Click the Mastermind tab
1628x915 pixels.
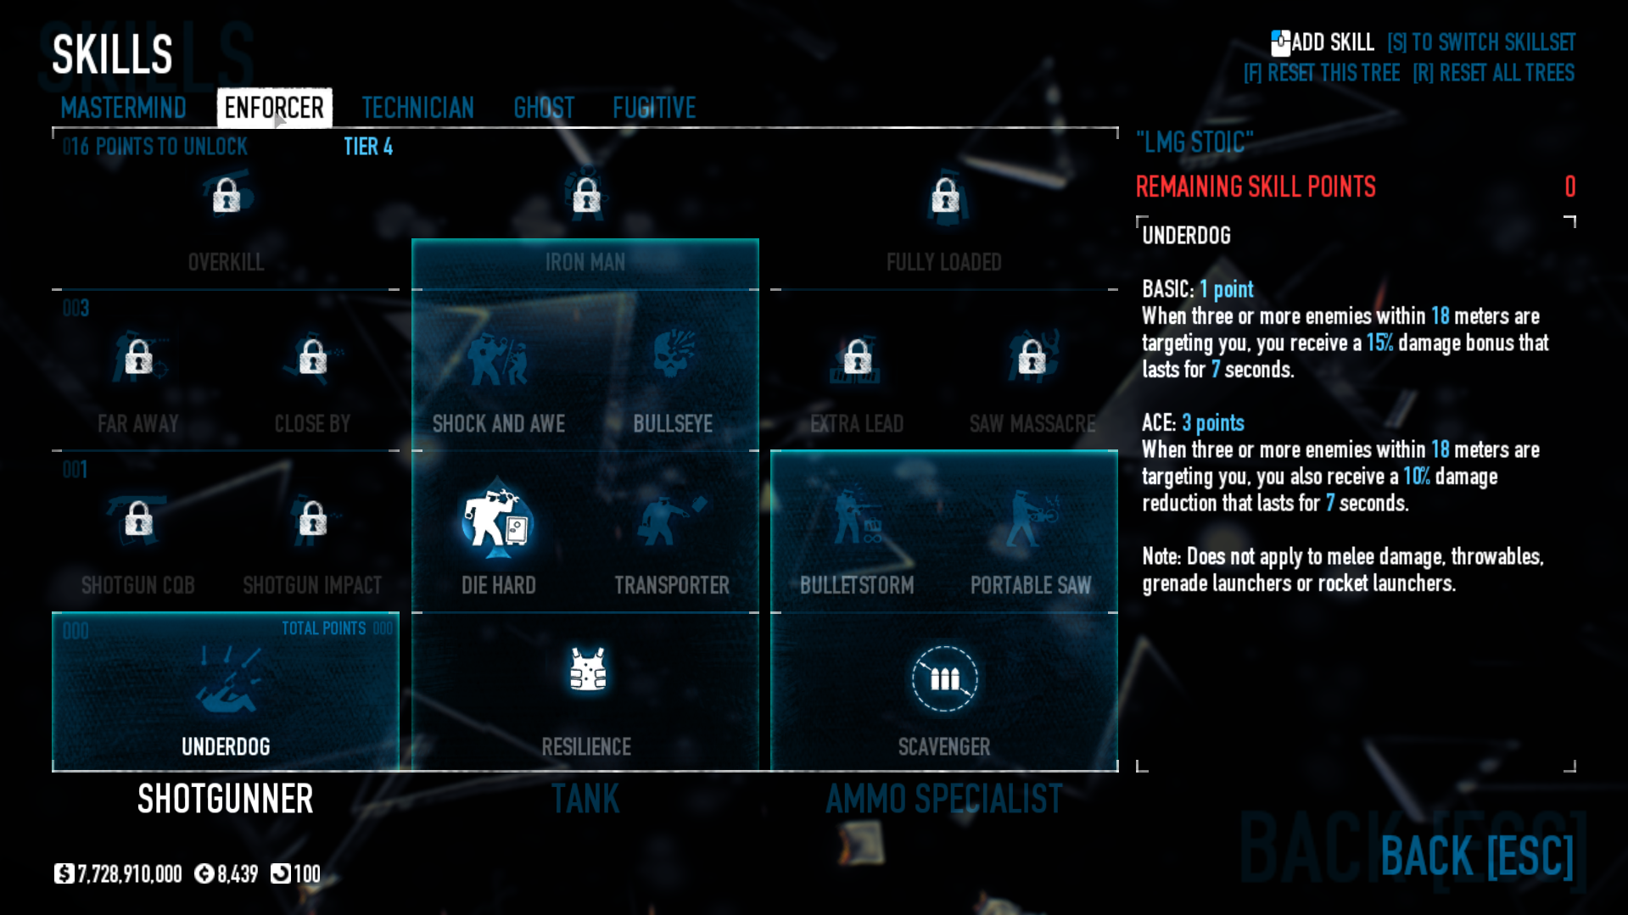coord(123,108)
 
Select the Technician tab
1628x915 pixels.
coord(417,108)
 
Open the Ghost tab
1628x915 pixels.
coord(544,108)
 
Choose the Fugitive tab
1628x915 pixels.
coord(654,108)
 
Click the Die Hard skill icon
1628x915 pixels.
coord(497,522)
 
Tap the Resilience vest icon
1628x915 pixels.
coord(586,671)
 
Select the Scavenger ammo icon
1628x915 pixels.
coord(944,678)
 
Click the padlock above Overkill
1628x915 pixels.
coord(226,196)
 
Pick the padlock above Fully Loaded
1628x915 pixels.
coord(945,196)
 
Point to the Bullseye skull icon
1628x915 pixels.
coord(673,356)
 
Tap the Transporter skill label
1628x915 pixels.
coord(671,585)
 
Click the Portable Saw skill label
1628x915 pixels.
coord(1030,585)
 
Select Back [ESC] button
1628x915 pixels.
coord(1476,856)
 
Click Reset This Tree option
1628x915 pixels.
coord(1321,74)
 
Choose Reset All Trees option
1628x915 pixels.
coord(1493,74)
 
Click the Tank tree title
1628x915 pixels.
coord(585,799)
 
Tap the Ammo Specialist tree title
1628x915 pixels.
coord(943,799)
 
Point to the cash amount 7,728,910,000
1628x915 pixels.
coord(129,874)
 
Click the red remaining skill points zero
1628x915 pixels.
coord(1569,187)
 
